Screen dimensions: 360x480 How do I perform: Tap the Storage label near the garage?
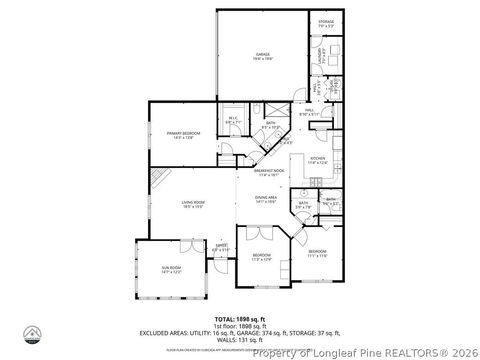point(326,22)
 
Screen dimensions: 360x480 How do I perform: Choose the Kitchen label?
point(317,160)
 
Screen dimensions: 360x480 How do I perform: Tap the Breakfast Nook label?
point(265,172)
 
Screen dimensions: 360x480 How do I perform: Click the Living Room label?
point(194,206)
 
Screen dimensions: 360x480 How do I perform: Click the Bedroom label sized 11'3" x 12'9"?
point(261,257)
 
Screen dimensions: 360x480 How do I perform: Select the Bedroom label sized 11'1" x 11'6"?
point(317,253)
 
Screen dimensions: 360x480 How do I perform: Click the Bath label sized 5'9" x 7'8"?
point(303,206)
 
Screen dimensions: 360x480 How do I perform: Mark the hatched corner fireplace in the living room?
point(159,181)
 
